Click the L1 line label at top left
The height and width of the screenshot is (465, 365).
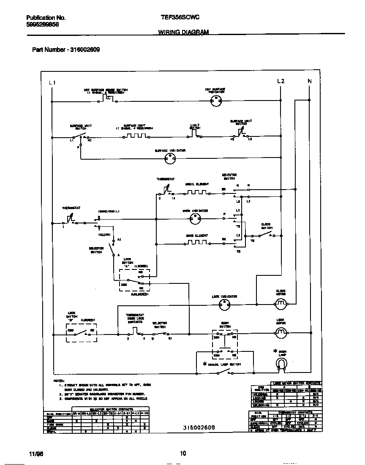click(x=52, y=82)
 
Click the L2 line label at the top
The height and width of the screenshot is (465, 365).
click(x=281, y=81)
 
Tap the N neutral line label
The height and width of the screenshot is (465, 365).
click(x=310, y=81)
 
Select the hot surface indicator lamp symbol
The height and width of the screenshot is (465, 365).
click(x=216, y=101)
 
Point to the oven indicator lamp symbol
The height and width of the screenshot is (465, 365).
click(x=195, y=219)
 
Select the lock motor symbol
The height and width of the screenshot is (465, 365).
click(x=281, y=333)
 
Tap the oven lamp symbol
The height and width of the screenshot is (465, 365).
click(x=281, y=363)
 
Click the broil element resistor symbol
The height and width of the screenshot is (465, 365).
click(x=196, y=193)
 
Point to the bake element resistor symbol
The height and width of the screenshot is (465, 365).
click(x=196, y=243)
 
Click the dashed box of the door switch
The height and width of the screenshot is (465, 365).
click(x=224, y=340)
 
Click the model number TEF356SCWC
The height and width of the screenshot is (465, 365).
click(x=180, y=18)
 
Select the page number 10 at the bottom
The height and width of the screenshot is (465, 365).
click(x=182, y=454)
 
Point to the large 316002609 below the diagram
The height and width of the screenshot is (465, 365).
click(x=199, y=427)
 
